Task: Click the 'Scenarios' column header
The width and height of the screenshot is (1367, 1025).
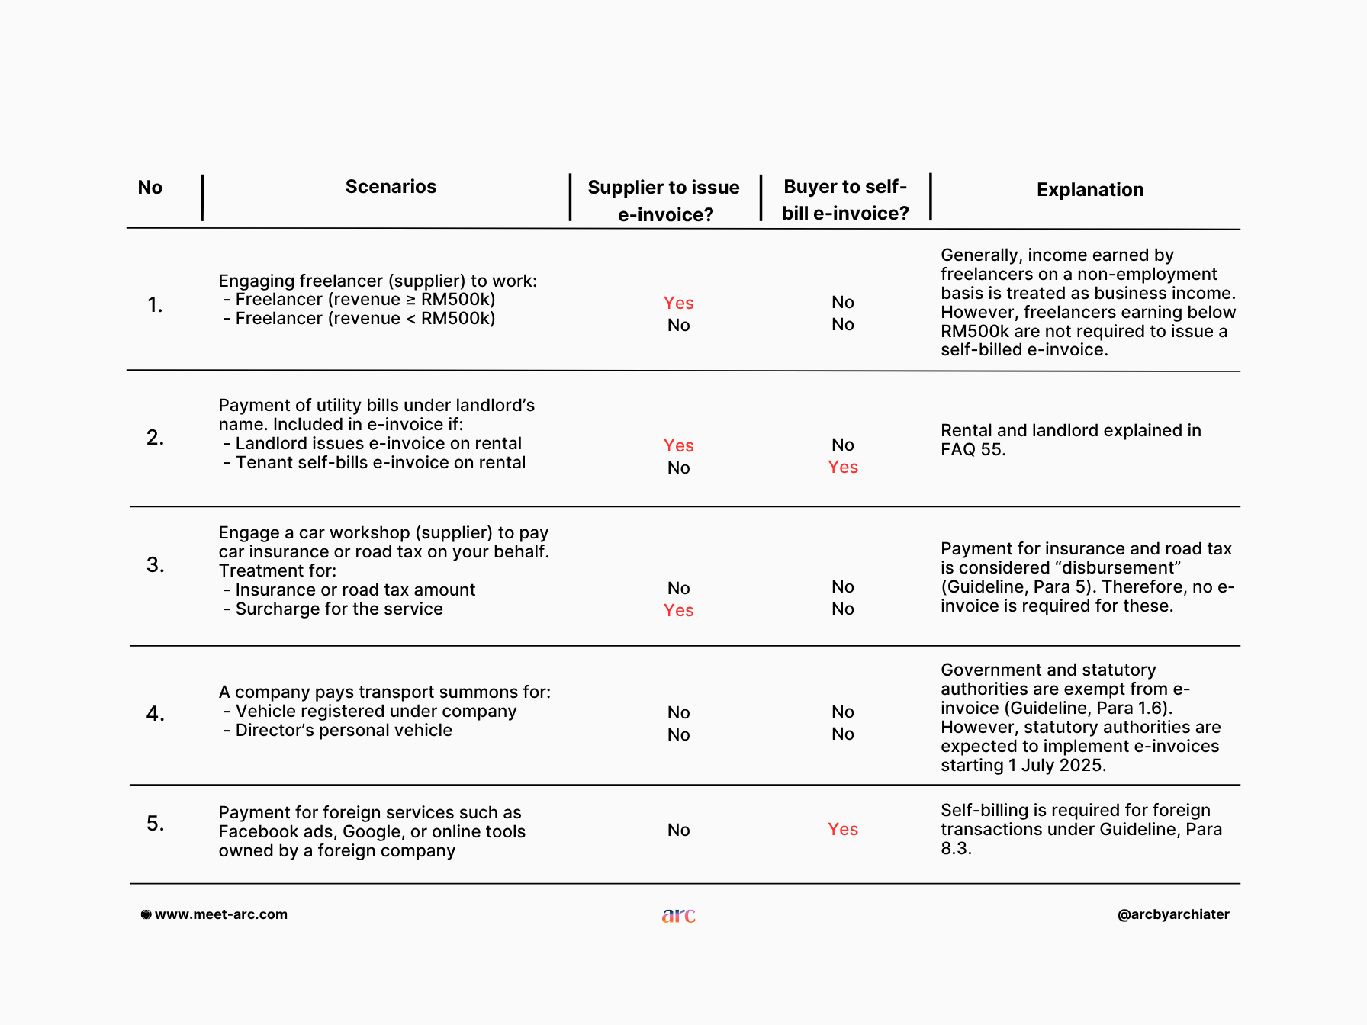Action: pos(391,187)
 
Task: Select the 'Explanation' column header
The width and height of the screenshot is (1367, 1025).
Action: pos(1090,190)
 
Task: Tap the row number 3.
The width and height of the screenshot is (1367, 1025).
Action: pos(155,565)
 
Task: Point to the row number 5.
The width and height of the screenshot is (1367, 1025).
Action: pos(155,824)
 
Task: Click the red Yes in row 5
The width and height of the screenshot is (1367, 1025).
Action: pos(843,830)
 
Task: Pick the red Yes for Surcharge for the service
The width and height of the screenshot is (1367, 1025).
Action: pos(678,611)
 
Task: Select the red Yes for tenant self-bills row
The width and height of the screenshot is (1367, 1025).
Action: pos(843,468)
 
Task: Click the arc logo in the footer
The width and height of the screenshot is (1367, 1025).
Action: pos(679,915)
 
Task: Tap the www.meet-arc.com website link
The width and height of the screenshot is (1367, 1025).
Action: pos(221,914)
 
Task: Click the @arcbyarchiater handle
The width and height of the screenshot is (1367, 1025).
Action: pos(1173,914)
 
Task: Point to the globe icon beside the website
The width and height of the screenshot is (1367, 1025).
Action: pos(146,914)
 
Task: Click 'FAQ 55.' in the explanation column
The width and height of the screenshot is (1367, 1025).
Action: pos(973,450)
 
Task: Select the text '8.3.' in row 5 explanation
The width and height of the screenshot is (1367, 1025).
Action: pos(956,849)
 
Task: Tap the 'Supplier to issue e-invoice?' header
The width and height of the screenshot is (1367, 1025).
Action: pos(664,201)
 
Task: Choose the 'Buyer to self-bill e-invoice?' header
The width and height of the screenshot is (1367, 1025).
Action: pos(845,200)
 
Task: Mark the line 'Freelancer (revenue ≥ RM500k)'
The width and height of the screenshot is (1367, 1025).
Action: pos(365,300)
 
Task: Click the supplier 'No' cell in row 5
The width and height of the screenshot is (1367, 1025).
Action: pos(678,831)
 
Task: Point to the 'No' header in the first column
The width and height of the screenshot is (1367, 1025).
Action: pos(150,188)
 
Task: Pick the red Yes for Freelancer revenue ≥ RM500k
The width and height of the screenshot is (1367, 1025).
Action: pos(678,304)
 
